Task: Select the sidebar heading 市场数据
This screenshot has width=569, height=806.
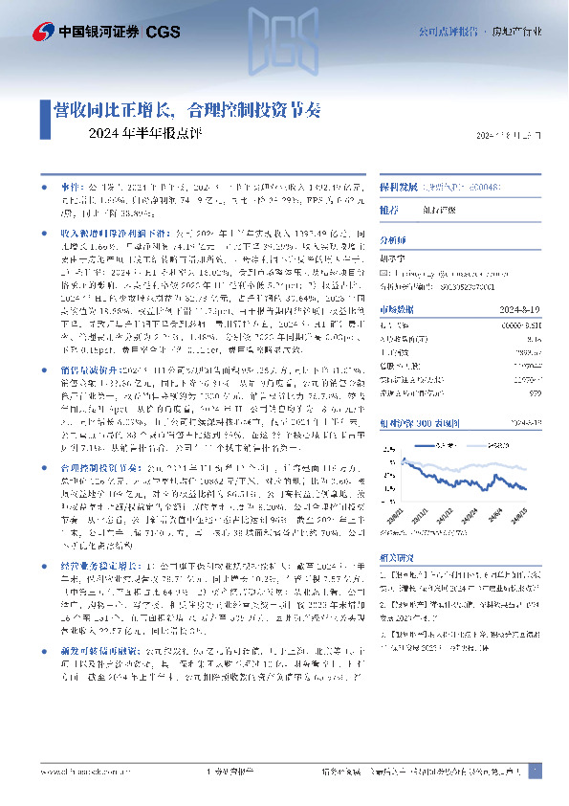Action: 396,308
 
